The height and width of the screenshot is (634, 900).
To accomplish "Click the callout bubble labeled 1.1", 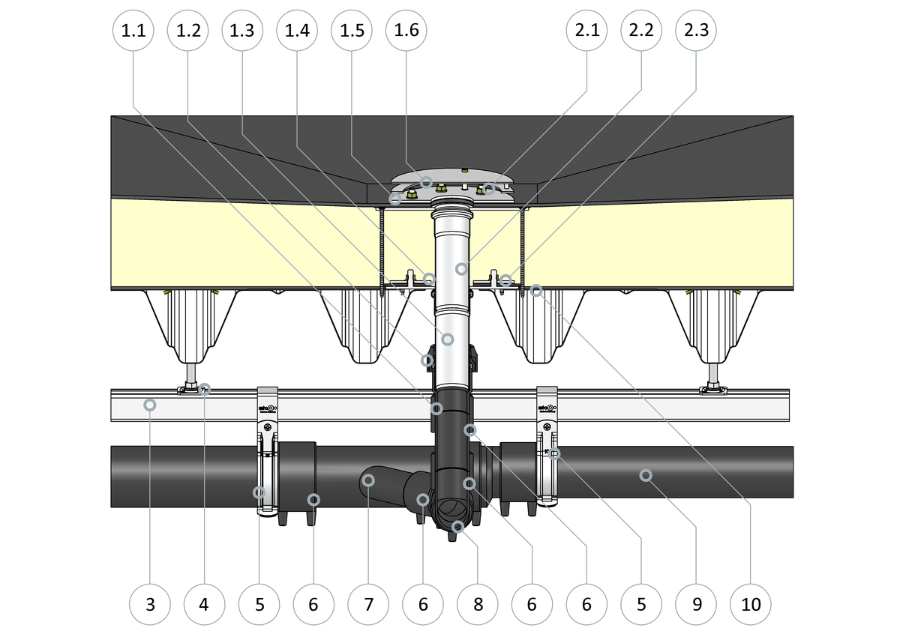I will [133, 31].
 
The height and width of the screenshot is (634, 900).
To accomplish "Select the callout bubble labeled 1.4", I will [298, 31].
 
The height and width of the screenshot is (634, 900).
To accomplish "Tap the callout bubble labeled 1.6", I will [406, 31].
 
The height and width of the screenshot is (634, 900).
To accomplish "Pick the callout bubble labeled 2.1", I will [586, 31].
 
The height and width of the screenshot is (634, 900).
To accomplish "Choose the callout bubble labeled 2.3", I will [696, 31].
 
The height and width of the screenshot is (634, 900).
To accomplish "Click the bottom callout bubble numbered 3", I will [150, 603].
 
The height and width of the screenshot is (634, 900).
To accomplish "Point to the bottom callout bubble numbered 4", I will [205, 603].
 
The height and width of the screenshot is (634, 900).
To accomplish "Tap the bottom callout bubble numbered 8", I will [478, 603].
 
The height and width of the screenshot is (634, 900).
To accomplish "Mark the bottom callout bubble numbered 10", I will [751, 603].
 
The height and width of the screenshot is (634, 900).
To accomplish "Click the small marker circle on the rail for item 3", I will [150, 405].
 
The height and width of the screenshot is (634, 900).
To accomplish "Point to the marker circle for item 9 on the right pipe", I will [644, 474].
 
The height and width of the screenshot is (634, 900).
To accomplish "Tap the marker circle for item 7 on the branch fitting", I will [369, 480].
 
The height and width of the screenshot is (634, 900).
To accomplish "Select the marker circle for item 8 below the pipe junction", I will [457, 527].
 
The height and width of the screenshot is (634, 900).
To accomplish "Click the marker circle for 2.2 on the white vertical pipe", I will [461, 268].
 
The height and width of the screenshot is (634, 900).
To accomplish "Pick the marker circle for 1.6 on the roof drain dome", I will [425, 182].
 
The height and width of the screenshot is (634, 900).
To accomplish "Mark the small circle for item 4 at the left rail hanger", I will [205, 388].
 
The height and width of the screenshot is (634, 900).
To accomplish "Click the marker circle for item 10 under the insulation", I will [536, 290].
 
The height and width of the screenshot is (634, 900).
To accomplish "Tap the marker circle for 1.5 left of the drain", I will [395, 199].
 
